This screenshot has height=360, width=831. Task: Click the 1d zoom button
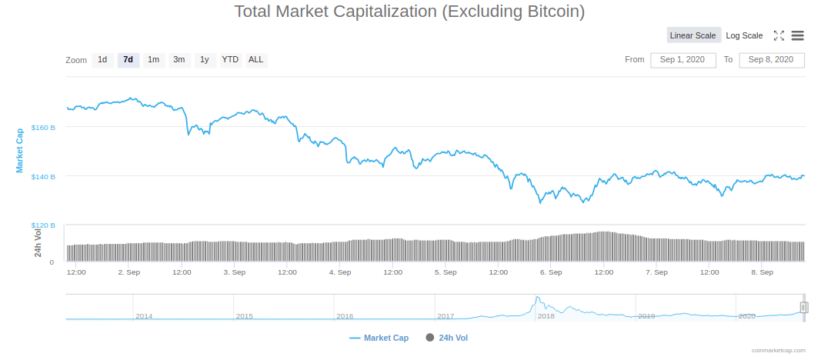[x=102, y=60]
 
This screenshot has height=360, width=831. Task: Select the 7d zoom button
[x=128, y=60]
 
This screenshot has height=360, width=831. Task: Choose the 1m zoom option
[x=154, y=60]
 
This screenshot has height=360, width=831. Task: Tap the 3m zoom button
[x=179, y=60]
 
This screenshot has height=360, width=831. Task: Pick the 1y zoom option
[x=205, y=60]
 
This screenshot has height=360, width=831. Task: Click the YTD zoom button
[x=230, y=60]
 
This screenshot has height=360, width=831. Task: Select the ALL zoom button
[x=256, y=60]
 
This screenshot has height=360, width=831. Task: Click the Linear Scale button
[x=693, y=35]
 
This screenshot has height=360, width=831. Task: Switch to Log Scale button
[x=744, y=35]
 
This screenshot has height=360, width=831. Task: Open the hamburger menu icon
[x=798, y=35]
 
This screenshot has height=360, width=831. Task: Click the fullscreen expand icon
[x=779, y=35]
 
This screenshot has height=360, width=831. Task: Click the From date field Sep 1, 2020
[x=683, y=60]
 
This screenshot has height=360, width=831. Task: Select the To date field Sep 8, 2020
[x=772, y=60]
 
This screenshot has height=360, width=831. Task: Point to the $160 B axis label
[x=43, y=127]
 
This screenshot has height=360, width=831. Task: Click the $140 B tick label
[x=43, y=177]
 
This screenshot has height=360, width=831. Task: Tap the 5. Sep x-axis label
[x=446, y=272]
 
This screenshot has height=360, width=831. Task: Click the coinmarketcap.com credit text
[x=779, y=351]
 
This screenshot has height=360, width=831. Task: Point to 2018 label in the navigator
[x=546, y=316]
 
